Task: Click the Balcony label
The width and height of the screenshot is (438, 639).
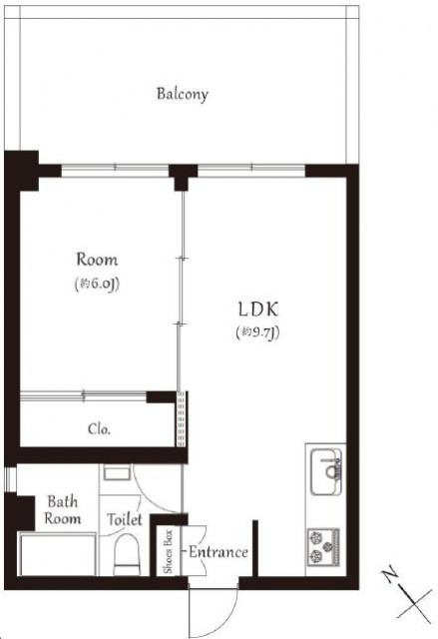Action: (183, 94)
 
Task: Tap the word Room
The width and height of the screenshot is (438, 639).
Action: (98, 260)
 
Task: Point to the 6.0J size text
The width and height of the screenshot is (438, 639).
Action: (98, 284)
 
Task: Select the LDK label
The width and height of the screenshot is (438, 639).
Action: (258, 310)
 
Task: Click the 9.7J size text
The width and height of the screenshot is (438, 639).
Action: (258, 333)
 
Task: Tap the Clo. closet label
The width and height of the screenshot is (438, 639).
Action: (99, 429)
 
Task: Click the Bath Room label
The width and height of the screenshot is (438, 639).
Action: (62, 510)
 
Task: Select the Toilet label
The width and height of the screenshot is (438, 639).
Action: (125, 519)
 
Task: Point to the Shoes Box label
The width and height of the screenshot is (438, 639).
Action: (169, 551)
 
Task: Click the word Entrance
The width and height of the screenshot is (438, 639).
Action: (219, 552)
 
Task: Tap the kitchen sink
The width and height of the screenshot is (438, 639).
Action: (326, 471)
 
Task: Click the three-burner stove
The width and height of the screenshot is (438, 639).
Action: (323, 547)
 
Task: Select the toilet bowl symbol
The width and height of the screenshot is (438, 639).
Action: (126, 554)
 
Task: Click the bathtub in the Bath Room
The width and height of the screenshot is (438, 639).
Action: (58, 554)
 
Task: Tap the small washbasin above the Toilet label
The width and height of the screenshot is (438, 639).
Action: (117, 472)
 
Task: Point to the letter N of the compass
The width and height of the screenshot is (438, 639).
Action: (390, 574)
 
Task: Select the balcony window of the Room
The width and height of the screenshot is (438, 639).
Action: (115, 167)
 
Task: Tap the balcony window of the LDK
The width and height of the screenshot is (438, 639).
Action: (251, 167)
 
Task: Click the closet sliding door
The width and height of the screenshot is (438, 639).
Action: (83, 395)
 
